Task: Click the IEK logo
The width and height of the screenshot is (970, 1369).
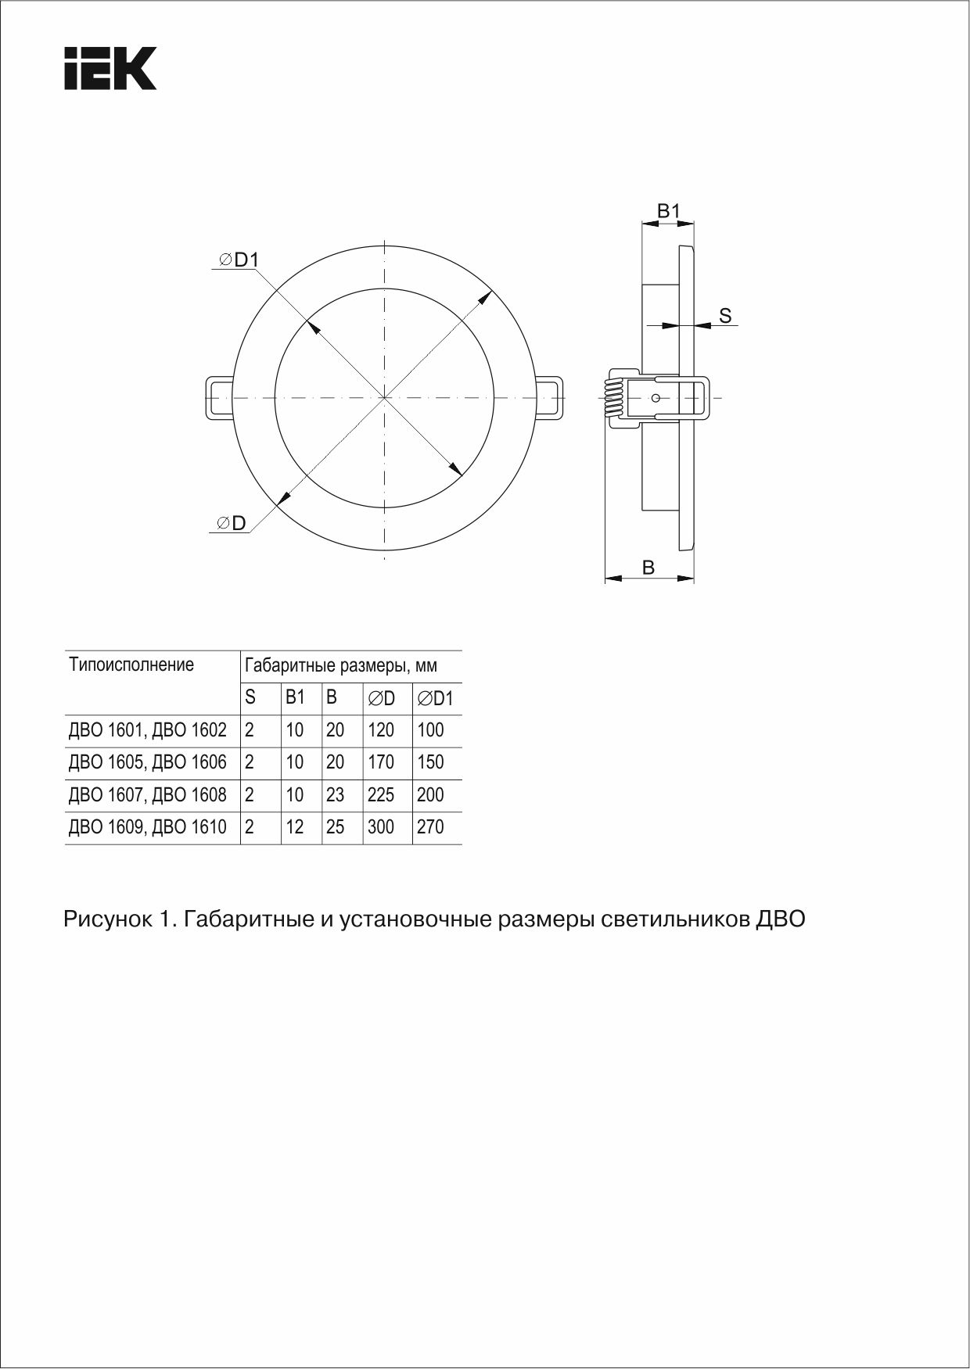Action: (110, 69)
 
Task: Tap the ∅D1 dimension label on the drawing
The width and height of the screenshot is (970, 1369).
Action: (239, 260)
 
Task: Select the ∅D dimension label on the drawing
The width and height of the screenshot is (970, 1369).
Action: (232, 523)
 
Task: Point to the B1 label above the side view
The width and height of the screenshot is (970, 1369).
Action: (668, 211)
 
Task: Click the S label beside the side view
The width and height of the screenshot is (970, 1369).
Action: (725, 316)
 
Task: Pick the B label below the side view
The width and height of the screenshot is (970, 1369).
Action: (648, 568)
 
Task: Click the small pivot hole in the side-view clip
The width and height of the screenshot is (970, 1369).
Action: (656, 398)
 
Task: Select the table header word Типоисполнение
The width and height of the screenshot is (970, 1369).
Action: (131, 665)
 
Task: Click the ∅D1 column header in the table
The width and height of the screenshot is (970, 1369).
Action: (436, 697)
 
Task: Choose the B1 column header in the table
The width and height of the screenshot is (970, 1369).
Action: (295, 697)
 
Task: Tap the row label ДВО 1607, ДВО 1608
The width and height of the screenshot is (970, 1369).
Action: (148, 795)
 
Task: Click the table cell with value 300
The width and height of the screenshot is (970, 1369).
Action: (381, 827)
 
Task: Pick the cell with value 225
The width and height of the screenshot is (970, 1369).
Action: (381, 795)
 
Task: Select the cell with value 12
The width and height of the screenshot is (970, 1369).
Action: (295, 827)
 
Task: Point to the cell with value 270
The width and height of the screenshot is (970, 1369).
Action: (430, 827)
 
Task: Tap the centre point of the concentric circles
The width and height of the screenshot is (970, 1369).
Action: (384, 399)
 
